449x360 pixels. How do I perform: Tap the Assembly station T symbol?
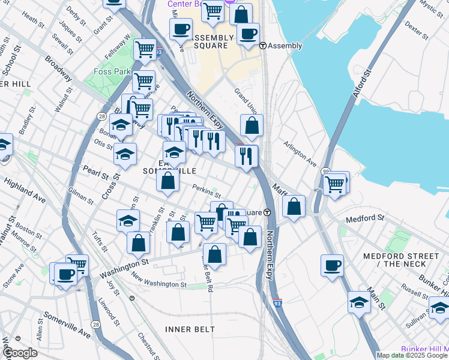(x=262, y=46)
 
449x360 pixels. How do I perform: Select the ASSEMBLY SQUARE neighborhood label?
(x=203, y=41)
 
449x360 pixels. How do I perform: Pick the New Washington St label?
(x=159, y=281)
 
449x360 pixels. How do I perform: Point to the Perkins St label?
(x=206, y=191)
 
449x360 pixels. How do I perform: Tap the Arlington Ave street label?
(x=300, y=154)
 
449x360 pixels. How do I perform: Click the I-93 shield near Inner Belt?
(x=277, y=303)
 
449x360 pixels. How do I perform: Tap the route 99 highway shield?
(x=325, y=172)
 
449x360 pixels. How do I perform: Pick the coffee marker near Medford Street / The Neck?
(x=332, y=265)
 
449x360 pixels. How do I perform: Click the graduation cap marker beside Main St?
(x=359, y=301)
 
